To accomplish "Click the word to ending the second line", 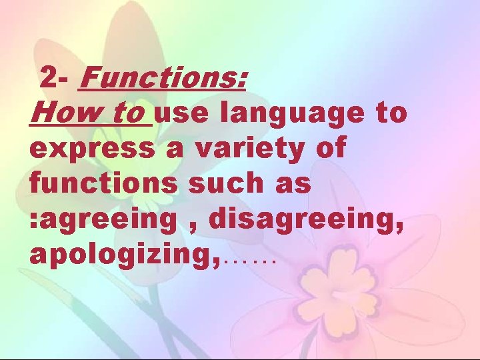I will [x=390, y=114].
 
